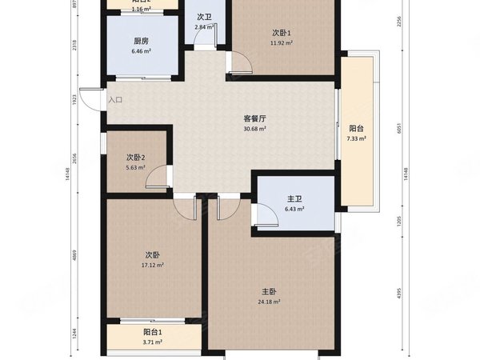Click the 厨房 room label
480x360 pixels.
[141, 42]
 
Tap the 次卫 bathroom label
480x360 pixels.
[203, 18]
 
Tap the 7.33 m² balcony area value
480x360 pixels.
[355, 138]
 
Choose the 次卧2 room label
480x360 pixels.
[136, 158]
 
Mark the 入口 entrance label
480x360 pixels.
[115, 101]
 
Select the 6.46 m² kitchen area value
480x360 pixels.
[141, 51]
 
